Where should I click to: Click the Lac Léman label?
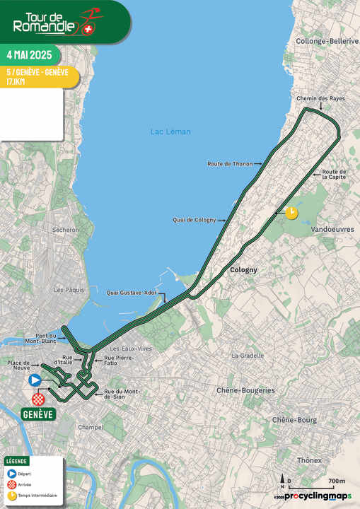click(x=170, y=131)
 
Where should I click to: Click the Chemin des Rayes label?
click(x=321, y=98)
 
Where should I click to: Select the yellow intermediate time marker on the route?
click(x=291, y=212)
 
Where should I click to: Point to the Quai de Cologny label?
click(x=194, y=219)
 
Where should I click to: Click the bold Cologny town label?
click(x=243, y=270)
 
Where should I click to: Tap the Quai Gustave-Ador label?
click(x=132, y=293)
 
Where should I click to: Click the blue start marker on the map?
click(x=34, y=380)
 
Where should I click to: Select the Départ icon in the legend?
click(x=11, y=474)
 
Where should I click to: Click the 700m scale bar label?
click(x=337, y=481)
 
